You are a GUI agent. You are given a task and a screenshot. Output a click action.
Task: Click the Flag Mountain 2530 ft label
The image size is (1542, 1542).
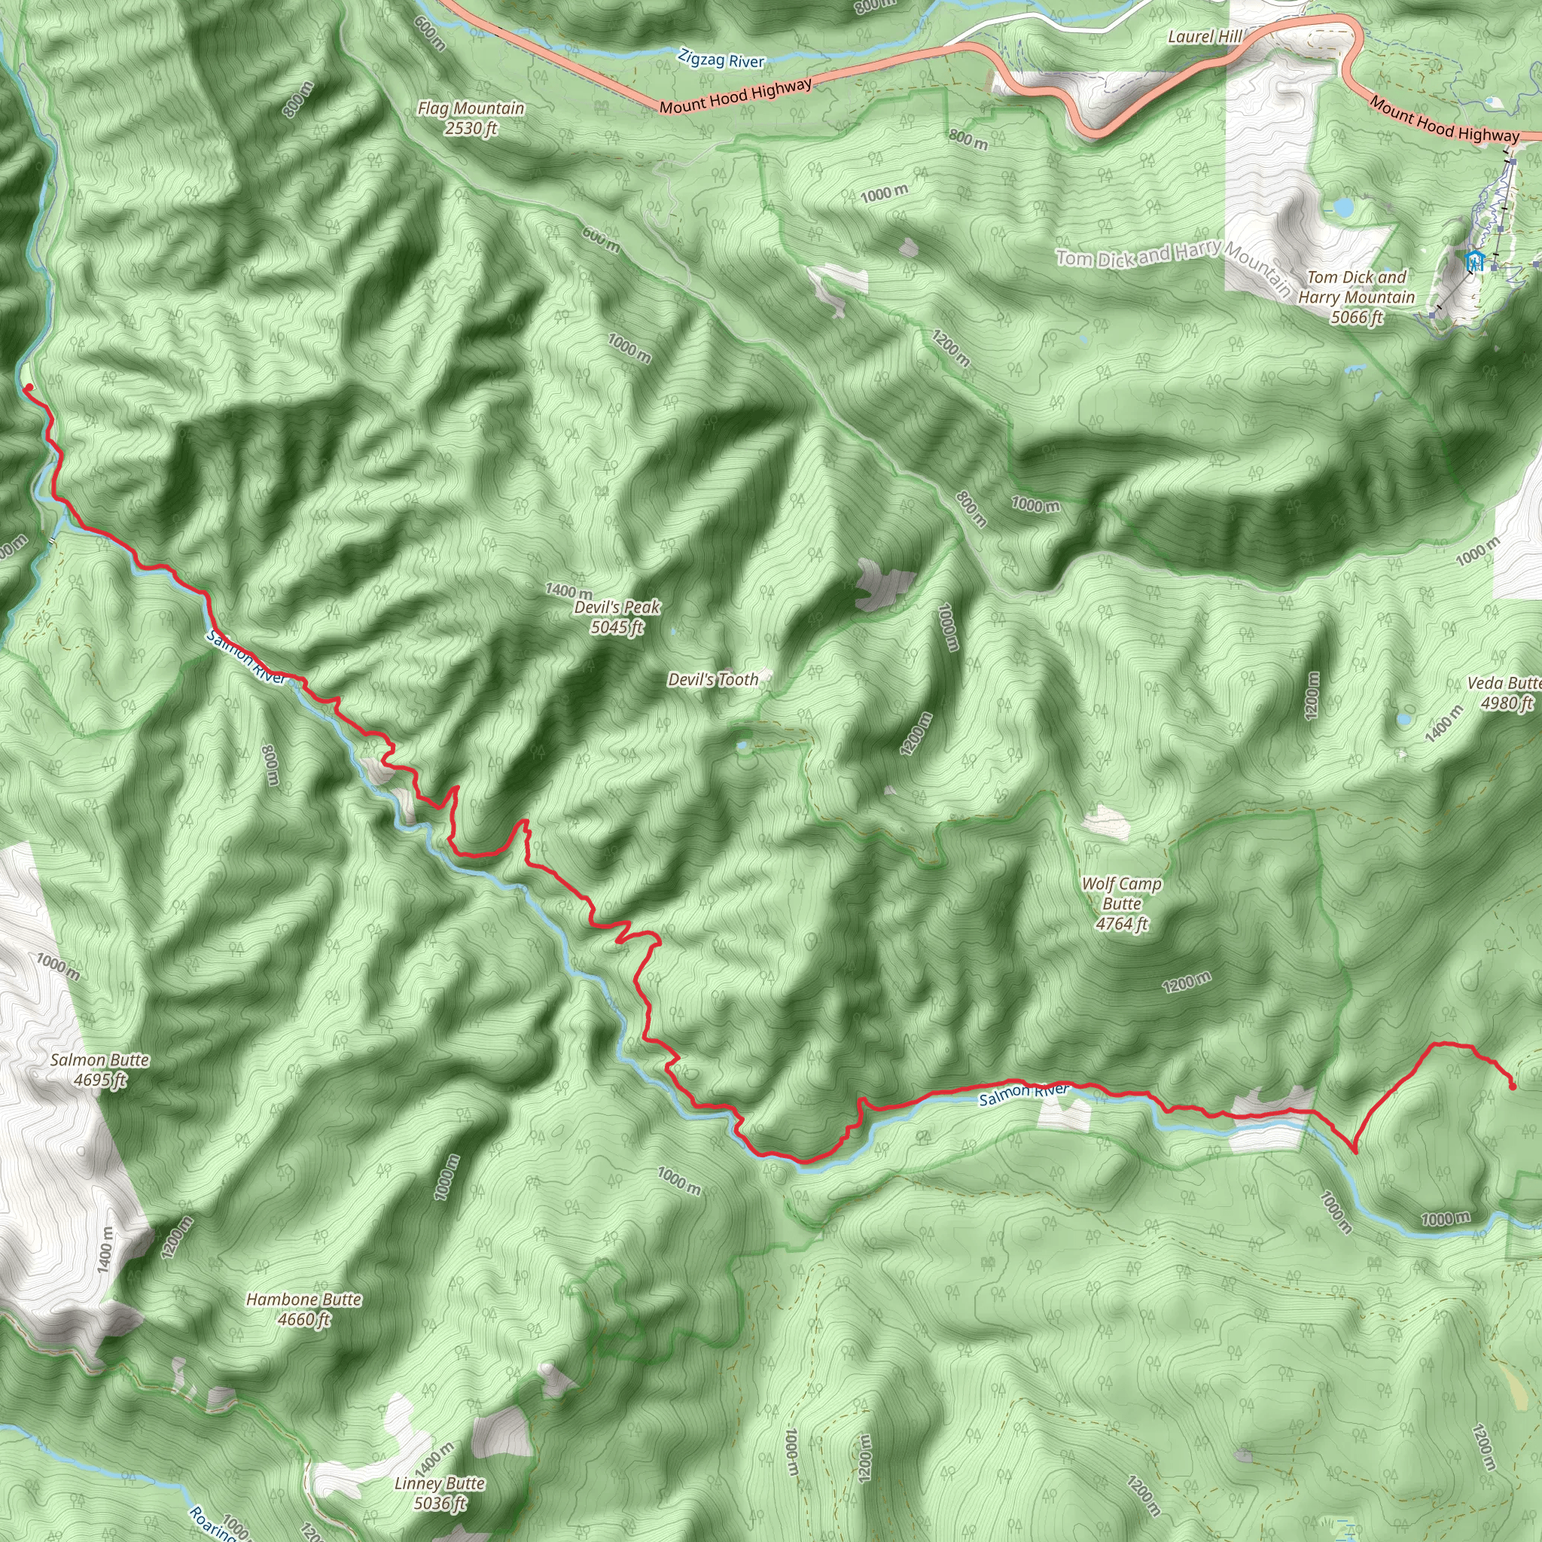(471, 118)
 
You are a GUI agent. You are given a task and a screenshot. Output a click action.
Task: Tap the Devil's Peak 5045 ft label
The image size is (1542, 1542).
(617, 617)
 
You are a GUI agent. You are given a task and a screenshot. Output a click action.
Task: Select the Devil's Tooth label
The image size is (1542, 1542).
(713, 679)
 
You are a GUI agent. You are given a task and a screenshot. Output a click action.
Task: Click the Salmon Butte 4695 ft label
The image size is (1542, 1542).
(100, 1069)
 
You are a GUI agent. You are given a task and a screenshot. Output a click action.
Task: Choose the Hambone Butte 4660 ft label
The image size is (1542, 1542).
(303, 1309)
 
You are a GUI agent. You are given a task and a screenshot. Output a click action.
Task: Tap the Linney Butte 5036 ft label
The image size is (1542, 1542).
(440, 1492)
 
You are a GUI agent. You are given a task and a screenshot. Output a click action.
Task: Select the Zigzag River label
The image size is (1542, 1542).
(721, 59)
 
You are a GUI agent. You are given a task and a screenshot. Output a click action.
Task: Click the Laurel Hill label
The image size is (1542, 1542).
(1205, 37)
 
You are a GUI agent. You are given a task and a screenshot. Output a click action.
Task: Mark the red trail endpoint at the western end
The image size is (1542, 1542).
(29, 388)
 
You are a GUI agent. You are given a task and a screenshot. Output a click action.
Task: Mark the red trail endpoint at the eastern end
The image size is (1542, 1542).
(1513, 1086)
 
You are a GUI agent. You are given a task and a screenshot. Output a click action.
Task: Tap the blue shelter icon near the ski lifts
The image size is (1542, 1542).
(1474, 261)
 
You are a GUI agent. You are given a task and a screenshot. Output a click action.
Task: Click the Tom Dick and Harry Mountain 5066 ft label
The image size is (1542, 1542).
(1356, 297)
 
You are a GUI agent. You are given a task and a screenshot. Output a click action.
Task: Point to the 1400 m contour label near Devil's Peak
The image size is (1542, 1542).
(568, 590)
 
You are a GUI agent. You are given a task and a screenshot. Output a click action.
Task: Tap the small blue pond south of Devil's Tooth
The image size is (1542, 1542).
(743, 747)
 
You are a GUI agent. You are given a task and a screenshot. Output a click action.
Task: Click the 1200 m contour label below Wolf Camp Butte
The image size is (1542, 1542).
(1186, 983)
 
